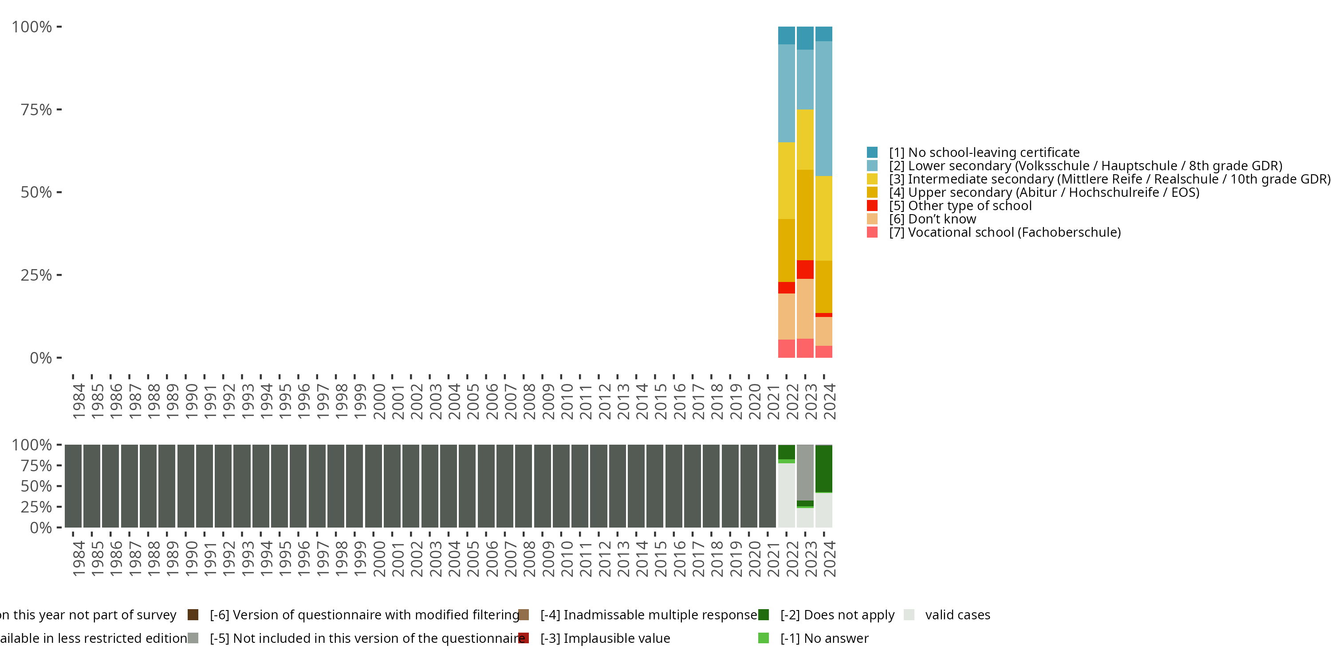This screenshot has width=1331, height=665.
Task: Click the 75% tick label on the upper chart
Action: (x=36, y=110)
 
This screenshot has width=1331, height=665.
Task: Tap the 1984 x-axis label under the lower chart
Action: (x=79, y=559)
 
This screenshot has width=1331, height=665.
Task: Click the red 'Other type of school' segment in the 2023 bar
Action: (x=805, y=270)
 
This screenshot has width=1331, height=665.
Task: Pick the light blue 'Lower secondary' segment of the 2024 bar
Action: (x=823, y=109)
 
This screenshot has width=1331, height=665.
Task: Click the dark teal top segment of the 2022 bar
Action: (x=787, y=35)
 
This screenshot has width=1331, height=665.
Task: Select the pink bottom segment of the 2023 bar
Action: (x=805, y=348)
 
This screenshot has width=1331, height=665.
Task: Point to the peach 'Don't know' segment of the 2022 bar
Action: (x=787, y=316)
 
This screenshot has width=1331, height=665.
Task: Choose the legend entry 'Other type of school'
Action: (x=960, y=206)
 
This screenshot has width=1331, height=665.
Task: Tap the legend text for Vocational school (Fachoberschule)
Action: (x=1004, y=232)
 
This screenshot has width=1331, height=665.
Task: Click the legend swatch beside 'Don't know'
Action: (x=872, y=219)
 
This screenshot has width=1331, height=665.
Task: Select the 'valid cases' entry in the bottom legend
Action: (x=957, y=615)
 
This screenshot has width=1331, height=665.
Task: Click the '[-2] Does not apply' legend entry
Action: (x=837, y=615)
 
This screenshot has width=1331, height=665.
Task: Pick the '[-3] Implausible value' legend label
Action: (x=605, y=638)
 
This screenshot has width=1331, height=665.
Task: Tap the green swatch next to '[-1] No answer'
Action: (x=763, y=638)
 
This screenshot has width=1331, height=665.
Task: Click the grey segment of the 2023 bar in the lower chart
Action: (x=805, y=472)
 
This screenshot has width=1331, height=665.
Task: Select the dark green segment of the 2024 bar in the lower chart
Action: (x=823, y=468)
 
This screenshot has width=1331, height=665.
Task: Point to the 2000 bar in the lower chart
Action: (x=374, y=486)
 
